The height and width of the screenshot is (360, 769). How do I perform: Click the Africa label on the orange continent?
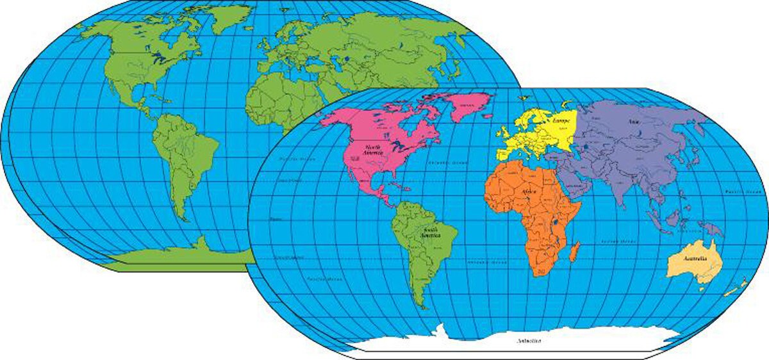pyautogui.click(x=529, y=192)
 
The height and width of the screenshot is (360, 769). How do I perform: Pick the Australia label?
pyautogui.click(x=695, y=258)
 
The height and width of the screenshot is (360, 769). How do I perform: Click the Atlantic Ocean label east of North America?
pyautogui.click(x=444, y=163)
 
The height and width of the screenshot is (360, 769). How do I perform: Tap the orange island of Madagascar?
pyautogui.click(x=575, y=251)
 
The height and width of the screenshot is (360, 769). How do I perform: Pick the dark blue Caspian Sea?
pyautogui.click(x=585, y=151)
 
